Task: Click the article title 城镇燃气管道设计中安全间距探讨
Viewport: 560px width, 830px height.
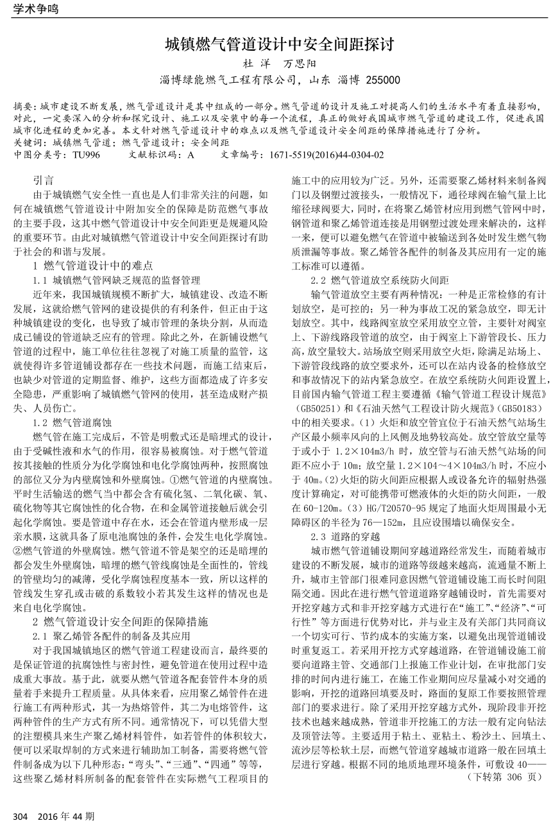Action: (x=279, y=44)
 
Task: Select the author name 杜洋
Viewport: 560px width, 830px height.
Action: (x=253, y=64)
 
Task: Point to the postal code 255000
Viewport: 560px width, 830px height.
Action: (x=382, y=80)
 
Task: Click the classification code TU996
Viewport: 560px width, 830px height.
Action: (x=86, y=155)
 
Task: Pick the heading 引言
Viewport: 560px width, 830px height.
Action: (x=44, y=181)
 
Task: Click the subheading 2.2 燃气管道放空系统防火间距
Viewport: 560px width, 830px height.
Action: (x=380, y=280)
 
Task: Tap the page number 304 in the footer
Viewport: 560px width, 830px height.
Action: (x=21, y=816)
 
